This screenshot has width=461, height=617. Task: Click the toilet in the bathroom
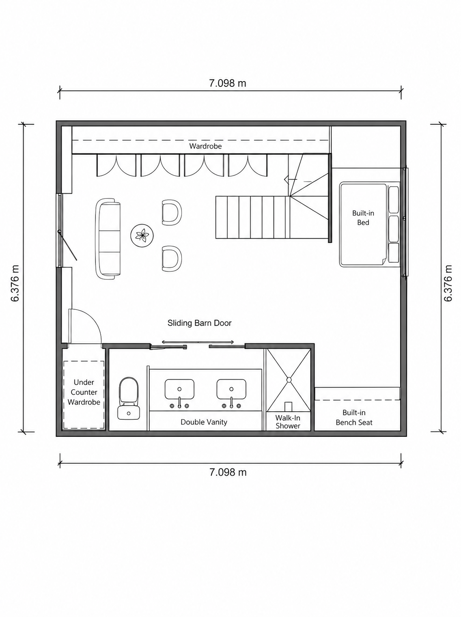click(x=129, y=399)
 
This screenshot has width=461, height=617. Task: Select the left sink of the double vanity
click(x=179, y=389)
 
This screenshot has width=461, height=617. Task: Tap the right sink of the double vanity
click(x=231, y=389)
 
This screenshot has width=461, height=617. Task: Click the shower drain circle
click(x=289, y=380)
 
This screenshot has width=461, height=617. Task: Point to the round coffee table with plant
click(x=142, y=235)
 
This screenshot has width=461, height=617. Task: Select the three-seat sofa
click(x=108, y=239)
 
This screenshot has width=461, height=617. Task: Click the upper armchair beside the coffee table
click(x=172, y=212)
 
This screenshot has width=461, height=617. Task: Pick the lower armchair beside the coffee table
click(x=172, y=259)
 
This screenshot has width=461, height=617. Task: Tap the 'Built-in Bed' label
click(x=363, y=218)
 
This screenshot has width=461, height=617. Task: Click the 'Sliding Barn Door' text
click(x=200, y=323)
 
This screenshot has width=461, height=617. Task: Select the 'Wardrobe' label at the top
click(x=205, y=146)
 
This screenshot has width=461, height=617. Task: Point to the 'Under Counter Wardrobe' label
click(x=84, y=392)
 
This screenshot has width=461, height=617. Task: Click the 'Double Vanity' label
click(x=204, y=422)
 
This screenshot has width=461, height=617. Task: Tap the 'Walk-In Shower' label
click(x=288, y=422)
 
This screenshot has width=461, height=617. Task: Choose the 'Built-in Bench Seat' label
click(x=354, y=417)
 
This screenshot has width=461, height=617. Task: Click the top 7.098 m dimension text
click(x=228, y=84)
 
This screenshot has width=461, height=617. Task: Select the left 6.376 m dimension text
click(x=15, y=283)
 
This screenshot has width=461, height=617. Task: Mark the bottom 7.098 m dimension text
click(x=228, y=472)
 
